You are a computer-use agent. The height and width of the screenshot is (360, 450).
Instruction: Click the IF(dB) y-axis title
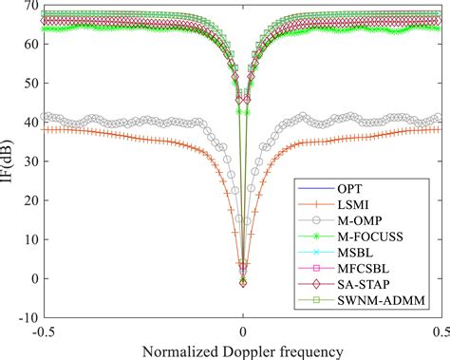coord(9,161)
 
